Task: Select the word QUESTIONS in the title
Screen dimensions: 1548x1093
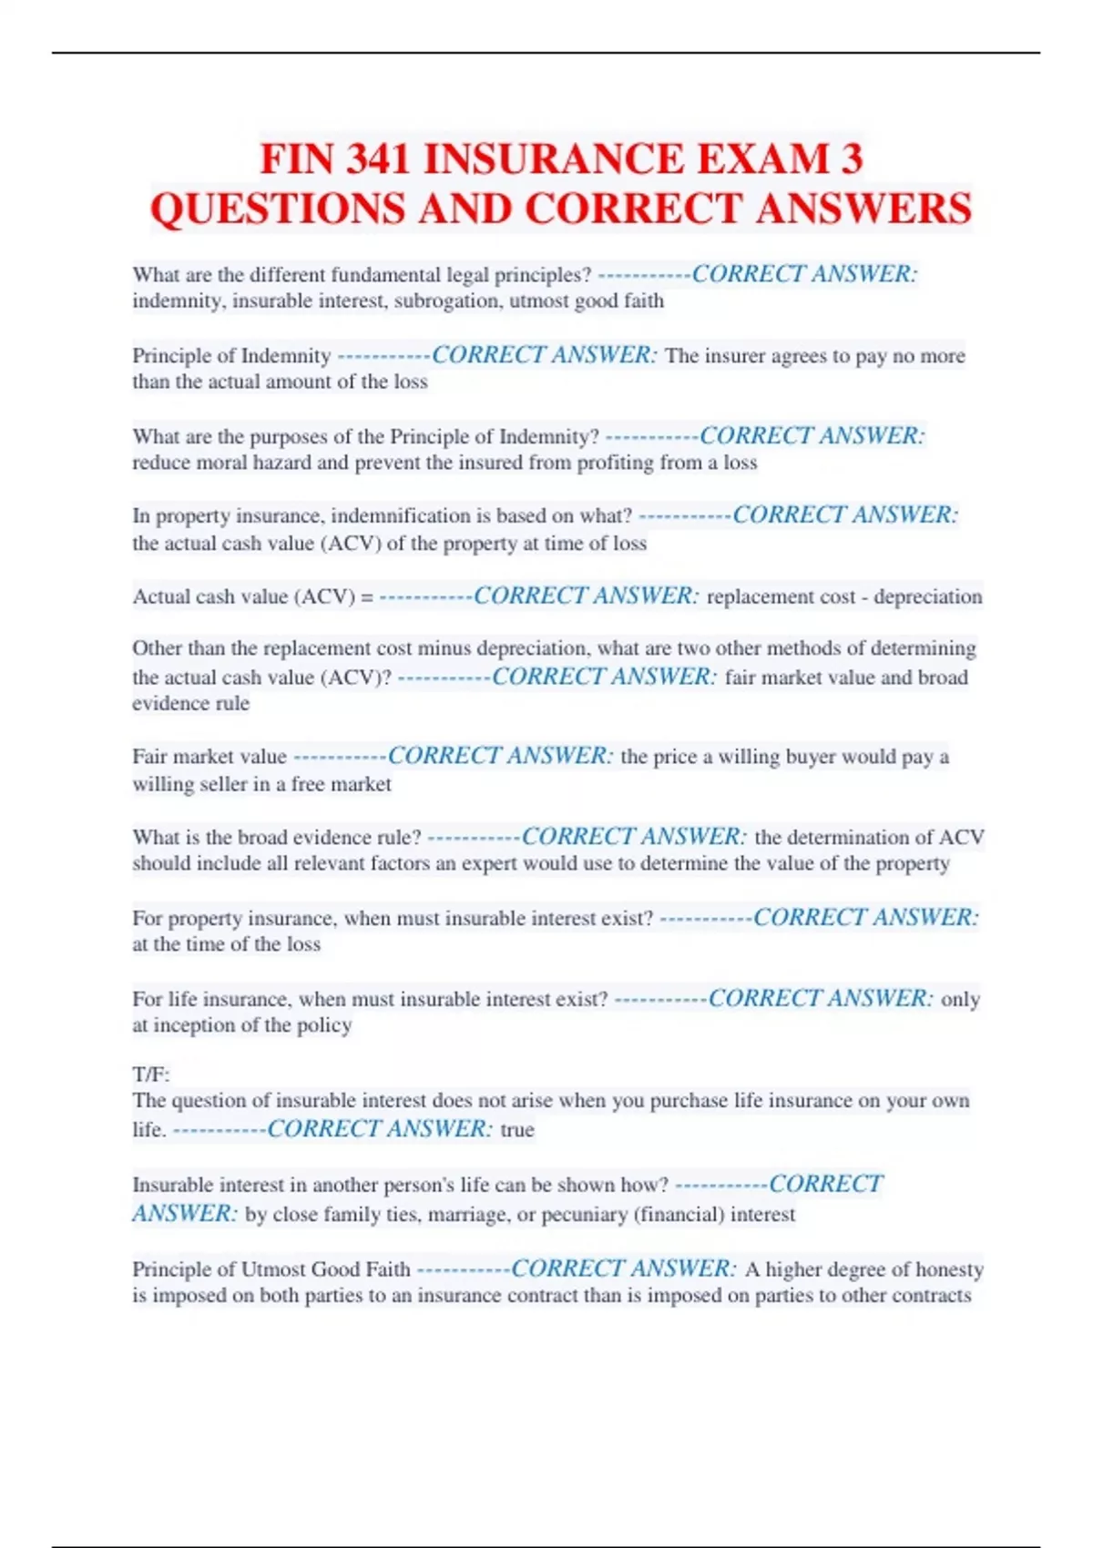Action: click(x=279, y=209)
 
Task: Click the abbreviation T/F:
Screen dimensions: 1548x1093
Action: click(x=151, y=1074)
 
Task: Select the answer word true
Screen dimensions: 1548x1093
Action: click(x=517, y=1130)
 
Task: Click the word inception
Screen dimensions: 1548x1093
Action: click(x=196, y=1025)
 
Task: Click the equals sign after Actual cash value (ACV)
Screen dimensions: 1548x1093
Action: click(x=367, y=597)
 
